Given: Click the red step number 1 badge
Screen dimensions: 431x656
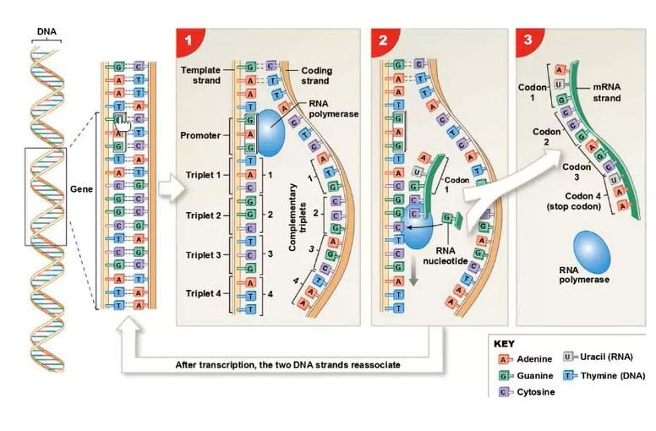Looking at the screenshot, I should tap(187, 40).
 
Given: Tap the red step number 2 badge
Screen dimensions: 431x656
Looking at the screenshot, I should tap(382, 40).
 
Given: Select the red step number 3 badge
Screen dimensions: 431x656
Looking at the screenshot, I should tap(528, 40).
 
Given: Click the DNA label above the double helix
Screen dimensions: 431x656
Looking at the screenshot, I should tap(47, 33).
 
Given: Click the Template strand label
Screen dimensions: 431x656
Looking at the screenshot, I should tap(200, 74).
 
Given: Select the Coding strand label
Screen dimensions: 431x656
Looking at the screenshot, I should tap(315, 75).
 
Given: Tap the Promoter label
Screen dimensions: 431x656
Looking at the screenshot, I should tap(200, 135).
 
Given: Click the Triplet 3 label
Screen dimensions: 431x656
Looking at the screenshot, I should tap(203, 254).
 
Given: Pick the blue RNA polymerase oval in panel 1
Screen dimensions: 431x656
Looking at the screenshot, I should tap(271, 133).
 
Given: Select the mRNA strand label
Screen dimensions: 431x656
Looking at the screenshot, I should tap(606, 93).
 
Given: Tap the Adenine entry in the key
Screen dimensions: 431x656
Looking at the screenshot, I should tap(533, 359).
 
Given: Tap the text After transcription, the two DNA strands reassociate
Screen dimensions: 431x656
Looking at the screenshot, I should tap(287, 365).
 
